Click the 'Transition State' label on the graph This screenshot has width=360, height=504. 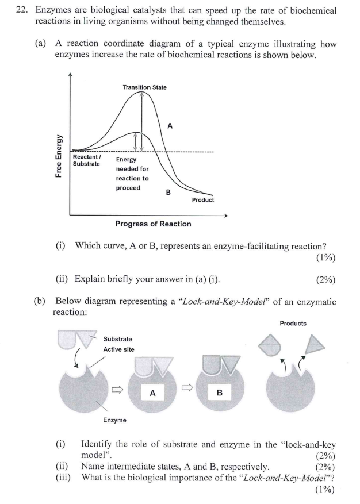point(144,87)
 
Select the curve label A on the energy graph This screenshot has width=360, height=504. point(170,125)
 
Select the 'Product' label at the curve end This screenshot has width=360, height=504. point(202,200)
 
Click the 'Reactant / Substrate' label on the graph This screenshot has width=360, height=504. point(87,160)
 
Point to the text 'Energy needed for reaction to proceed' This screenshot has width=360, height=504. point(132,174)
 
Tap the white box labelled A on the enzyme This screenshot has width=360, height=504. point(152,393)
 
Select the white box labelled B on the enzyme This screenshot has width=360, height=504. point(219,393)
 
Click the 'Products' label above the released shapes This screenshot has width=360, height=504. point(293,323)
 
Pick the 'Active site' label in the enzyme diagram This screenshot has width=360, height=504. point(118,349)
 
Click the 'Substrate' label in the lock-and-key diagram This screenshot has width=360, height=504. point(117,339)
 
